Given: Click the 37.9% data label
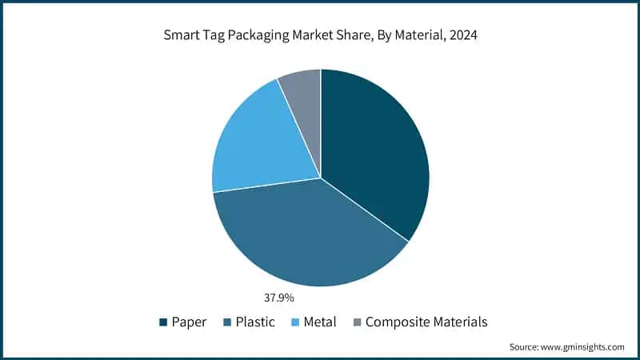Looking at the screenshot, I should (x=279, y=298).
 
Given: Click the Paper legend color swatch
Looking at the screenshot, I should (x=164, y=322).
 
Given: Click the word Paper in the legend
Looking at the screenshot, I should (x=189, y=322).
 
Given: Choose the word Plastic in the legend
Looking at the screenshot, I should (x=254, y=322).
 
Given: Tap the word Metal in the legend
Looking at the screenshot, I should (x=319, y=322).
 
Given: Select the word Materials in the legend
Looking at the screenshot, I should (x=458, y=322).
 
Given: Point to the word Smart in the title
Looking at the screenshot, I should (x=182, y=36).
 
